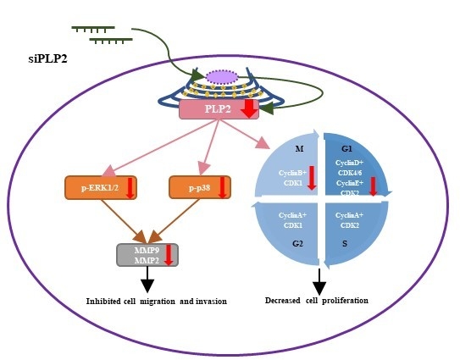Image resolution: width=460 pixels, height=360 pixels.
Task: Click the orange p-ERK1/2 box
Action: point(101,187)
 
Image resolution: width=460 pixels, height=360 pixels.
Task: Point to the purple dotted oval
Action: point(223,77)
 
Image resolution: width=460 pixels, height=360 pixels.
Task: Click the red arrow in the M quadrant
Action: point(312,178)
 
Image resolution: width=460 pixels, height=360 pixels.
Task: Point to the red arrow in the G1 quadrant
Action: point(373,186)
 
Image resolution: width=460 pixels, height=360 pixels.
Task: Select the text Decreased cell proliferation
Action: point(317,300)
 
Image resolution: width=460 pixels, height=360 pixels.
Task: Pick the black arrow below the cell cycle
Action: point(319,280)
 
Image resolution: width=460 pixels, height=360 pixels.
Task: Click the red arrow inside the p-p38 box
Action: point(222,187)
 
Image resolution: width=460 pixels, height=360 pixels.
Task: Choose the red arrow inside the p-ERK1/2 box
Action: point(130,187)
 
